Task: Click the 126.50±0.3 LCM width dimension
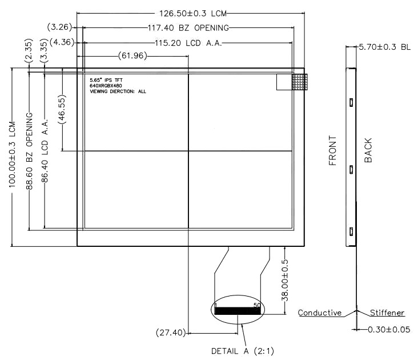193,13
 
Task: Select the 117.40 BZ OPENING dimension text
188,28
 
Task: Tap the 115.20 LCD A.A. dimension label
188,43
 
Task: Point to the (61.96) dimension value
132,56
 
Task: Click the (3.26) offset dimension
59,27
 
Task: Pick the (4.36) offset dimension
62,42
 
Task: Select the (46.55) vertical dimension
62,109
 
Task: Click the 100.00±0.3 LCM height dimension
12,154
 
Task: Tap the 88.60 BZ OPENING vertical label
29,151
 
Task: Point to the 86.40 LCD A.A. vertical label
45,151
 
